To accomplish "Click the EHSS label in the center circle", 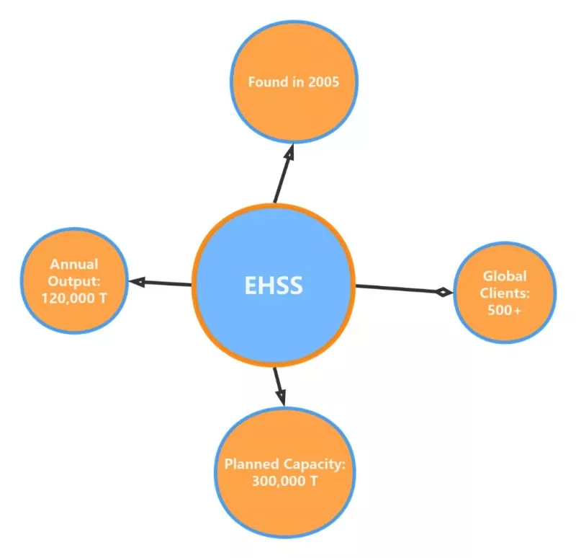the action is click(x=274, y=285).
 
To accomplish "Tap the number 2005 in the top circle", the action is click(x=323, y=81).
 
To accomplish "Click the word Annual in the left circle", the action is click(x=74, y=264).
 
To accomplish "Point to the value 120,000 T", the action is click(x=74, y=298).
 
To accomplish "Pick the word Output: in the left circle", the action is click(x=74, y=281).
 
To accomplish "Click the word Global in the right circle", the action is click(x=505, y=276).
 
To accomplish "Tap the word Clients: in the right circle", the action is click(x=505, y=293).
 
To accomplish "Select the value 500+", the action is click(x=505, y=310).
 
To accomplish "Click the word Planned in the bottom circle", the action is click(x=251, y=464).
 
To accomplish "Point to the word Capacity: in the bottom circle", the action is click(x=314, y=464).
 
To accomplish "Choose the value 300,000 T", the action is click(x=284, y=481).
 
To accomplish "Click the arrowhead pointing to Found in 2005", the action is click(x=290, y=151).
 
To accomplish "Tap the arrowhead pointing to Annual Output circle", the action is click(x=137, y=282).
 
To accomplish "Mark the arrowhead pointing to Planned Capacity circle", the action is click(x=281, y=398).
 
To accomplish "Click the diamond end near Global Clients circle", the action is click(x=444, y=293).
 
